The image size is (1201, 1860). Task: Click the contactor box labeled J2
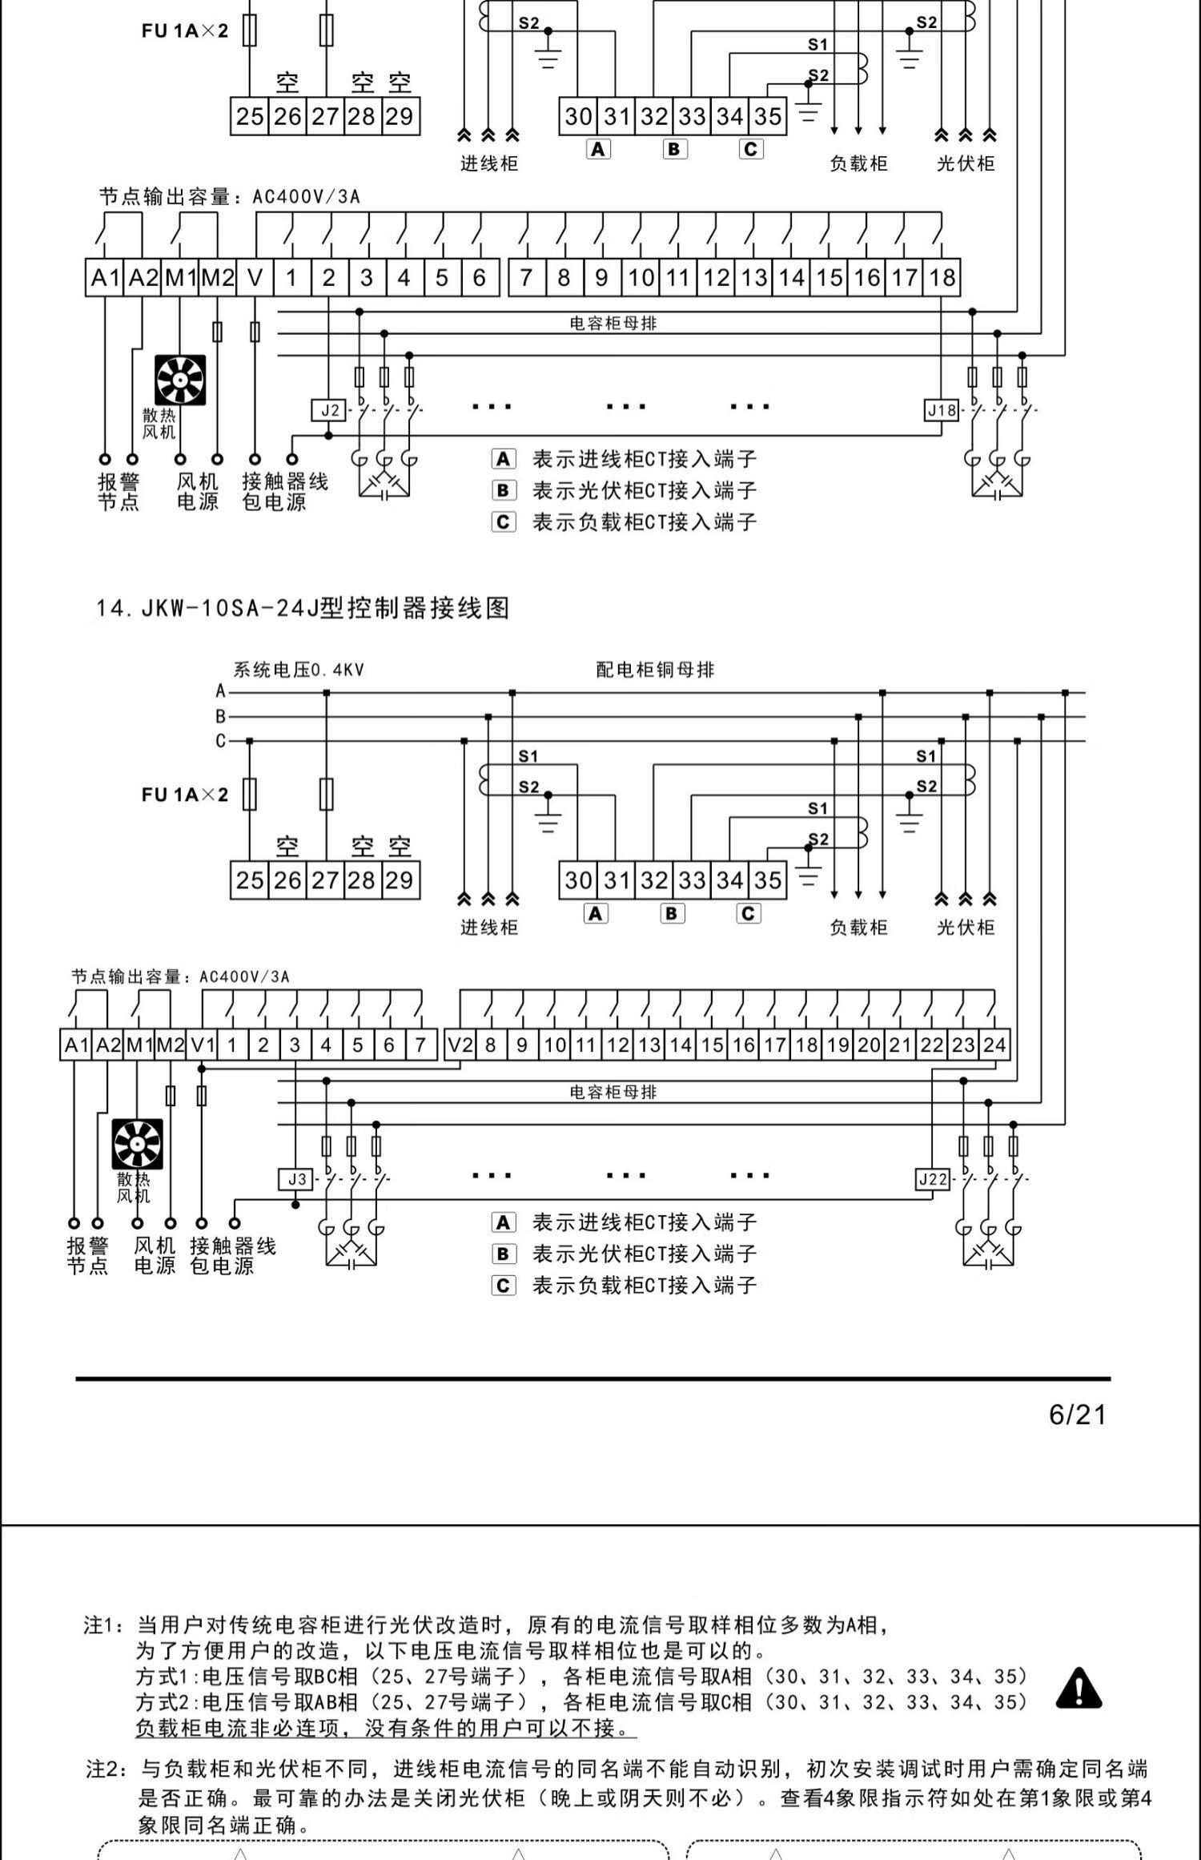[329, 411]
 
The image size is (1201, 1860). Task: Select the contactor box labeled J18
[941, 411]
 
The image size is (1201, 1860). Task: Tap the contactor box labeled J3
[296, 1179]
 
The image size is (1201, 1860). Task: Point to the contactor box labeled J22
[933, 1179]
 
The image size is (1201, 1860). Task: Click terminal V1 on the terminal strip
[203, 1045]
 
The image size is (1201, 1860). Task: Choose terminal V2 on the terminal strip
[460, 1045]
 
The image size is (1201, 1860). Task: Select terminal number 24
[994, 1045]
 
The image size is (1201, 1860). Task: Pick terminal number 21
[901, 1045]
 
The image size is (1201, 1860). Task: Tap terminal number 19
[838, 1045]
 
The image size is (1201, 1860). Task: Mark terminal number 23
[963, 1045]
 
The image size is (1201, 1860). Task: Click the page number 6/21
[1077, 1415]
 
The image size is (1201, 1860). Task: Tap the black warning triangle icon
[1078, 1687]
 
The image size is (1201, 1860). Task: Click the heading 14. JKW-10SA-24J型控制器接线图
[303, 608]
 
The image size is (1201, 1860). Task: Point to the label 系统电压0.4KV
[299, 670]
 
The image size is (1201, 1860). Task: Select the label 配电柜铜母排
[655, 670]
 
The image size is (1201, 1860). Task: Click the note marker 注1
[104, 1625]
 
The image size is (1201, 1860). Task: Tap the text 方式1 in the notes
[167, 1677]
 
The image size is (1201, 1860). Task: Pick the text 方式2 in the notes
[167, 1702]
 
